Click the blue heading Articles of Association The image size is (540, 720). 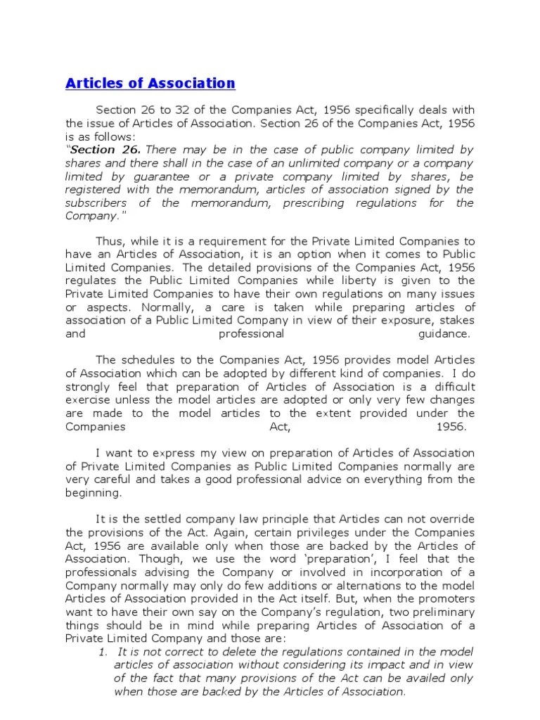click(150, 84)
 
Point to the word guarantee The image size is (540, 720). click(169, 176)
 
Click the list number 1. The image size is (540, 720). click(102, 651)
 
